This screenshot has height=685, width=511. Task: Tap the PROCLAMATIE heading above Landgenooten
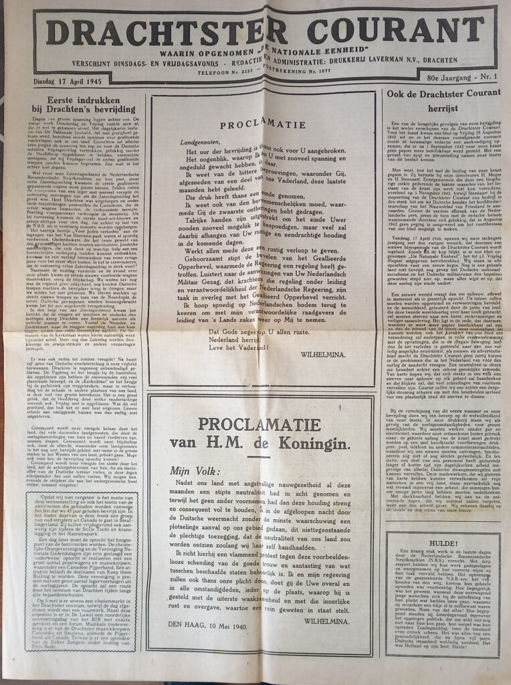point(262,124)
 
